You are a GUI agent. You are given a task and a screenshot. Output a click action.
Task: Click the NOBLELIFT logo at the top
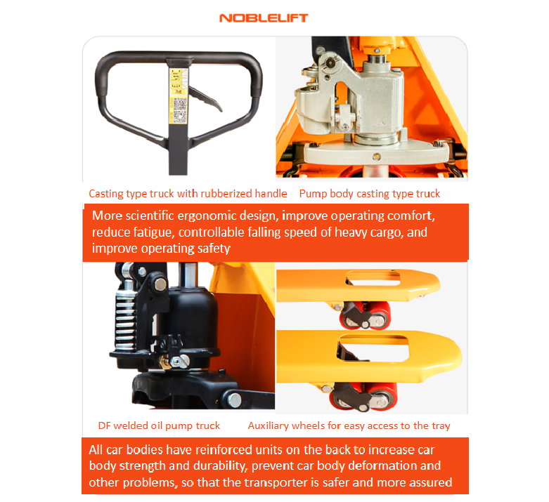[x=264, y=18]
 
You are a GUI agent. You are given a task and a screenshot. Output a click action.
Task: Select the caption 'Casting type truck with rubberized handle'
[x=188, y=194]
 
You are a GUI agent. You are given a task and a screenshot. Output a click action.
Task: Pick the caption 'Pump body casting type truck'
[x=370, y=194]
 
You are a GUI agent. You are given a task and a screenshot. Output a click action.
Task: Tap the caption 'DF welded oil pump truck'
[x=159, y=425]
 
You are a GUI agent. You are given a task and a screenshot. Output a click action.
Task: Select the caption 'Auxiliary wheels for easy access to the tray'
[x=349, y=425]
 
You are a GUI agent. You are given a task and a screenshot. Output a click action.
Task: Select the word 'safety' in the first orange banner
[x=212, y=249]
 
